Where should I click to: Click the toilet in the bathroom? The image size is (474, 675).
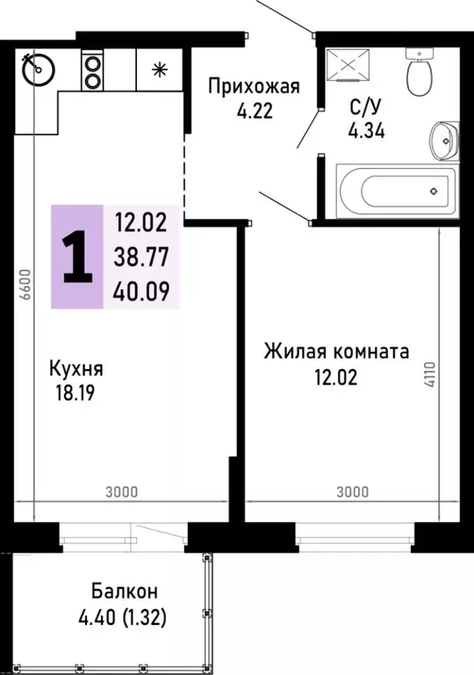point(419,73)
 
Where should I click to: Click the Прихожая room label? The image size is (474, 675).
point(254,86)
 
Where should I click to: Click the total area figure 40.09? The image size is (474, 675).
point(142,291)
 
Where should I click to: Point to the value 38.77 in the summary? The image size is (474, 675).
point(142,256)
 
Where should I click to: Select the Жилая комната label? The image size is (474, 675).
point(337,352)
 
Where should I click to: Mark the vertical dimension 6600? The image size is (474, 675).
point(26,284)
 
